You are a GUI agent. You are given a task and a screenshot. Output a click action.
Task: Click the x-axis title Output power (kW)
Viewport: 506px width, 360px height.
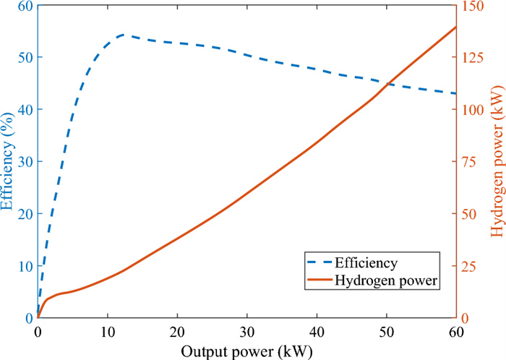click(247, 350)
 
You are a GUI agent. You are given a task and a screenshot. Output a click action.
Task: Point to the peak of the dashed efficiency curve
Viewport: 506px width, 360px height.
click(124, 34)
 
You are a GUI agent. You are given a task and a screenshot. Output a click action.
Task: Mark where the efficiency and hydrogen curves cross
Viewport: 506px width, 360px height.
click(387, 84)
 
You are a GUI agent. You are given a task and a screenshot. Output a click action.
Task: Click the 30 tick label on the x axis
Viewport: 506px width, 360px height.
click(247, 330)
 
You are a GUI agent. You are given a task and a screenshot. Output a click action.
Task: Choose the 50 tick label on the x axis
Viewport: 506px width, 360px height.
click(387, 330)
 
